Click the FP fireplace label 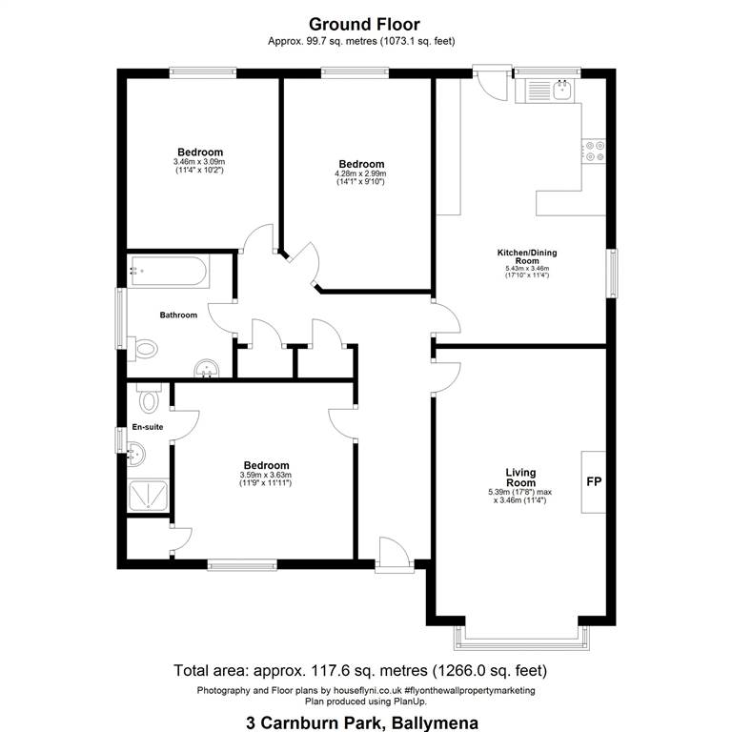tap(594, 481)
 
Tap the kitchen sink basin tap(562, 90)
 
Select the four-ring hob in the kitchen tap(595, 152)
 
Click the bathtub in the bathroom tap(169, 271)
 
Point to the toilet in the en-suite tap(149, 397)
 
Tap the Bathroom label tap(178, 315)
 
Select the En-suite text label tap(148, 427)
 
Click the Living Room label tap(521, 478)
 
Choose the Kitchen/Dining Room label tap(527, 256)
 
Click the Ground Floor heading tap(364, 24)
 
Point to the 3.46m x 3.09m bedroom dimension tap(199, 161)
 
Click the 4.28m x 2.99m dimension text tap(361, 173)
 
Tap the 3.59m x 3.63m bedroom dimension tap(266, 475)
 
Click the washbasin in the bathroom tap(206, 368)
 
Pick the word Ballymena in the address tap(435, 722)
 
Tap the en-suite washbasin tap(136, 453)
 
